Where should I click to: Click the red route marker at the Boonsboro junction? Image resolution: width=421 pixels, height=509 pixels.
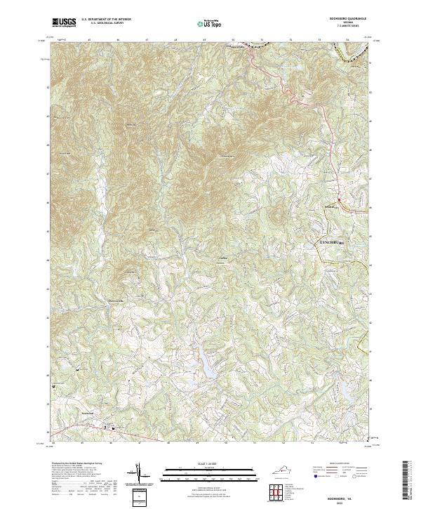[x=339, y=200]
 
